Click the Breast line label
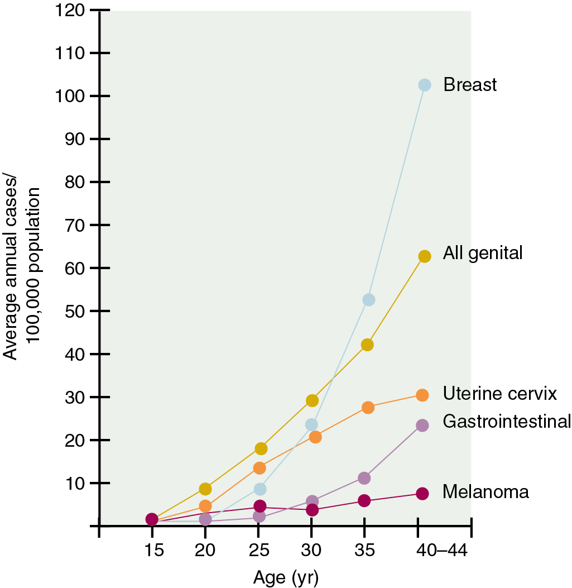[470, 85]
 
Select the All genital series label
[483, 253]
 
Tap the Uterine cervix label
[500, 394]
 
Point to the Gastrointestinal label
[507, 421]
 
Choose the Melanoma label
[486, 492]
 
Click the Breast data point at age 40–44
[424, 85]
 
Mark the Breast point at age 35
[368, 299]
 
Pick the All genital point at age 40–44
[424, 256]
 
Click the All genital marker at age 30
[312, 400]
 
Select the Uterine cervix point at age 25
[259, 467]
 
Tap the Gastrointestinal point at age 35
[364, 478]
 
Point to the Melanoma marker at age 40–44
[422, 494]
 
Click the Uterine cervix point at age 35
[368, 408]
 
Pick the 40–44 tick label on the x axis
[441, 550]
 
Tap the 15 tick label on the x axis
[153, 550]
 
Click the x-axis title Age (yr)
[286, 576]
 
